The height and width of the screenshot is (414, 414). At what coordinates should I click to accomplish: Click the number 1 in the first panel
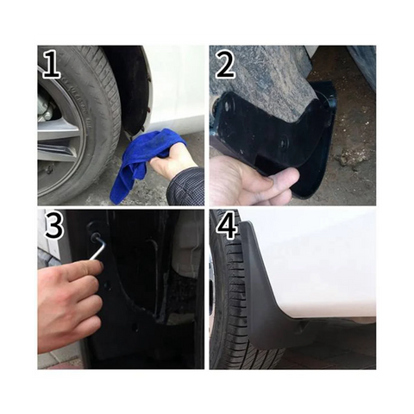pyautogui.click(x=51, y=65)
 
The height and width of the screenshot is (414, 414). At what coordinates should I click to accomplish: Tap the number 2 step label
pyautogui.click(x=226, y=65)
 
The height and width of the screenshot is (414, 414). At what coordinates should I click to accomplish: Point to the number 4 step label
pyautogui.click(x=227, y=226)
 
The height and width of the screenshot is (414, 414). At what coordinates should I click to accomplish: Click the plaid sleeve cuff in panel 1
pyautogui.click(x=187, y=185)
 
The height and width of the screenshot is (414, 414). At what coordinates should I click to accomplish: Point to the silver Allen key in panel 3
pyautogui.click(x=97, y=249)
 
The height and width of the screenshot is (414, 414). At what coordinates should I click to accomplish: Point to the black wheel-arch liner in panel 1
pyautogui.click(x=135, y=86)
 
